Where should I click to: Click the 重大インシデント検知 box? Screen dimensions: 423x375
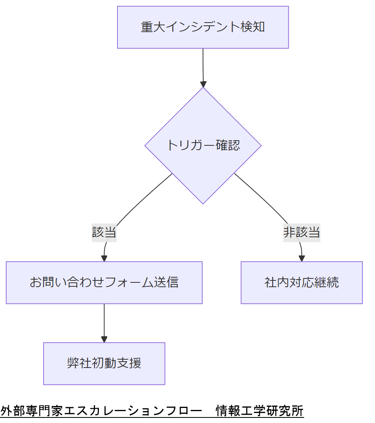[x=203, y=27]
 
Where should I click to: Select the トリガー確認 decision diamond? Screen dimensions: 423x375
[x=203, y=145]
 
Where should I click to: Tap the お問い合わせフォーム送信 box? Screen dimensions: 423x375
[x=104, y=282]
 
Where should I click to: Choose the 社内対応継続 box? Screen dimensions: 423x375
[x=301, y=282]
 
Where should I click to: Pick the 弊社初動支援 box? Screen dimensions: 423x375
[x=104, y=363]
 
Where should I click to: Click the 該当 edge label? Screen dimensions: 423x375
[x=104, y=232]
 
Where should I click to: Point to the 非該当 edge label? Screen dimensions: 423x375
[x=301, y=232]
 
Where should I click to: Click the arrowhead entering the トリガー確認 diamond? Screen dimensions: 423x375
[x=203, y=84]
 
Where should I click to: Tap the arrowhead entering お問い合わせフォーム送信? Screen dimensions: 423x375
[x=104, y=258]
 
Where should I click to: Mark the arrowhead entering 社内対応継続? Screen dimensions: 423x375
[x=302, y=258]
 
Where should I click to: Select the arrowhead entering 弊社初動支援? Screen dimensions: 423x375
[x=104, y=339]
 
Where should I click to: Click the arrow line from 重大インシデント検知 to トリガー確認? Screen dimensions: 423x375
[x=203, y=65]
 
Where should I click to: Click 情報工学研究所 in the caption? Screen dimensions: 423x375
[x=259, y=411]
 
